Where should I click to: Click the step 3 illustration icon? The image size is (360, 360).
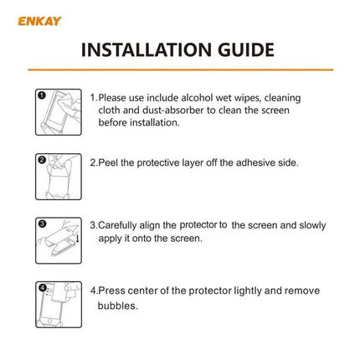point(59,239)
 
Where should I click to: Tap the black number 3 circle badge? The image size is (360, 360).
point(40,223)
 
